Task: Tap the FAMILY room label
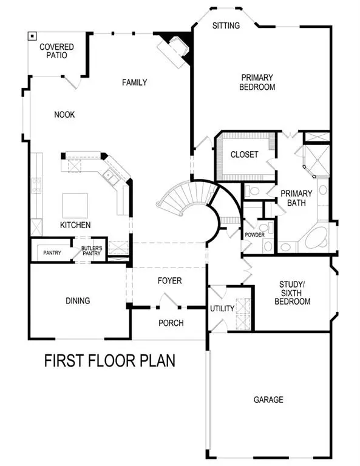pyautogui.click(x=134, y=82)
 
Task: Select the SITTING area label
pyautogui.click(x=226, y=25)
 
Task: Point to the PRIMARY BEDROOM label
pyautogui.click(x=258, y=82)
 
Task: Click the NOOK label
pyautogui.click(x=64, y=115)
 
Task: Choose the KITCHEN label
pyautogui.click(x=75, y=225)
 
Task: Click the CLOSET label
pyautogui.click(x=244, y=155)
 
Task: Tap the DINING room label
pyautogui.click(x=78, y=300)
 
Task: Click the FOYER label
pyautogui.click(x=170, y=281)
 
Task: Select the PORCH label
pyautogui.click(x=171, y=323)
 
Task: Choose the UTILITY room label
pyautogui.click(x=222, y=309)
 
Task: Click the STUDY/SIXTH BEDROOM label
pyautogui.click(x=295, y=292)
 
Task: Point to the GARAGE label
pyautogui.click(x=268, y=400)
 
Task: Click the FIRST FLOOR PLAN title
pyautogui.click(x=110, y=361)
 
